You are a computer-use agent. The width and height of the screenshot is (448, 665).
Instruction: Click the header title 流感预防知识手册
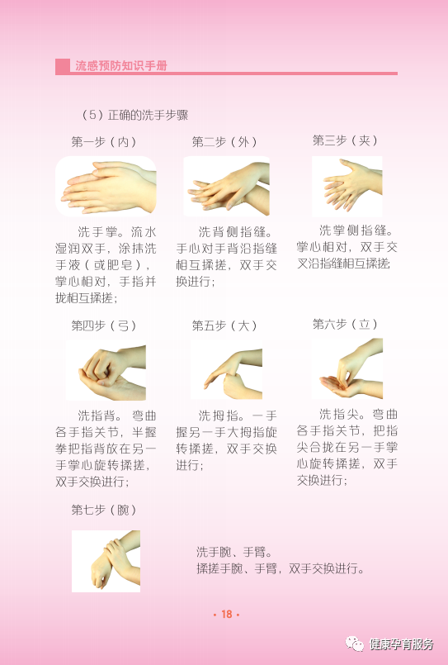coord(121,66)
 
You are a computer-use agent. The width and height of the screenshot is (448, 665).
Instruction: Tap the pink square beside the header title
coord(62,66)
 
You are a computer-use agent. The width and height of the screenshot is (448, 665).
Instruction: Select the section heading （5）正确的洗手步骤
coord(134,115)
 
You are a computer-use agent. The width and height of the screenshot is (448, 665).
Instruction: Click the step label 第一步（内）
coord(104,141)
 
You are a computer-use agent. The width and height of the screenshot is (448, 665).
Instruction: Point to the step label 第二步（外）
coord(224,141)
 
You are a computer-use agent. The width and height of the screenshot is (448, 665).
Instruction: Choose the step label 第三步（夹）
coord(345,140)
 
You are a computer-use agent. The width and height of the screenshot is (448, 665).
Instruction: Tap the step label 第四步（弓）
coord(104,325)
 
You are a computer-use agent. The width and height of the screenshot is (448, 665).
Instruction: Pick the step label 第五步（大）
coord(224,325)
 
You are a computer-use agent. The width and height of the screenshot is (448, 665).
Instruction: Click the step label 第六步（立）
coord(345,325)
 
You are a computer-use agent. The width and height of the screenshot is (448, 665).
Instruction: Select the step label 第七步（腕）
coord(104,510)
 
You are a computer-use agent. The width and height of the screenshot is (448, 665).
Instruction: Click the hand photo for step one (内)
coord(106,187)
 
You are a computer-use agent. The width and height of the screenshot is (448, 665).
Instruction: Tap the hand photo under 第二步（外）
coord(227,187)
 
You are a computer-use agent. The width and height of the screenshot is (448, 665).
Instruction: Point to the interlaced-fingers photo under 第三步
coord(347,187)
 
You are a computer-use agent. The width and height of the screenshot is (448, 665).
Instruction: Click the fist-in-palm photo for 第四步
coord(106,373)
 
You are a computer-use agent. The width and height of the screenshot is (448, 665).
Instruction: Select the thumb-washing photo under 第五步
coord(227,370)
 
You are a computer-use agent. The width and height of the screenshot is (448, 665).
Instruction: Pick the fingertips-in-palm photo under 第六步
coord(347,368)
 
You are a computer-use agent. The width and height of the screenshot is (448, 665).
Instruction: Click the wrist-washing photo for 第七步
coord(106,561)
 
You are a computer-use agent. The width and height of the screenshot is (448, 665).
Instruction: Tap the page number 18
coord(227,614)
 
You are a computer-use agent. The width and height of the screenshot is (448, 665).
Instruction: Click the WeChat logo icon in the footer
coord(355,644)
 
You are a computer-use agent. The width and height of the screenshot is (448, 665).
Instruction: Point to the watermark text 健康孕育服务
coord(402,644)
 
